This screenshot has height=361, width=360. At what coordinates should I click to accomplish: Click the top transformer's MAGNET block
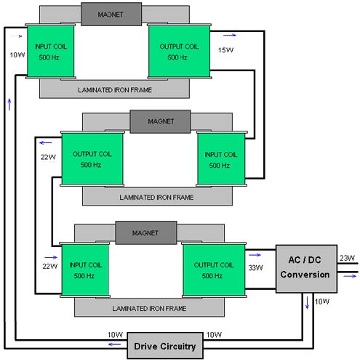coord(111,15)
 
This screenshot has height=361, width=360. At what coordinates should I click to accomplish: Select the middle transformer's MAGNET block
coord(160,121)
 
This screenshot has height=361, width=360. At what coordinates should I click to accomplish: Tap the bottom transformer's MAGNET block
coord(146,232)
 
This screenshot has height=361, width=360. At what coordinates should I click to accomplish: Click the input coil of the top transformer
coord(51,52)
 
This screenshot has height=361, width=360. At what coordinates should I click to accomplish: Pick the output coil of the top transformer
coord(179,52)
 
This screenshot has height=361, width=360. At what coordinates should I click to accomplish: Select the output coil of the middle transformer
coord(92,159)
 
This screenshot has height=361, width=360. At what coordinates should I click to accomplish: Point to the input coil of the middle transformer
coord(221,159)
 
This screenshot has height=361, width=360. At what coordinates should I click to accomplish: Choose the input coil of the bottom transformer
coord(85,269)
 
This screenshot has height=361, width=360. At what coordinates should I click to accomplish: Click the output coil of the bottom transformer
coord(214,269)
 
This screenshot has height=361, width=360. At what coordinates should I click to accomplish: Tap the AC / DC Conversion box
coord(306,269)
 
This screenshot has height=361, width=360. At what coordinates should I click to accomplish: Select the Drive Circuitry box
coord(165,346)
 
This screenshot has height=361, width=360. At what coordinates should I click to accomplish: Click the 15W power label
coord(225,50)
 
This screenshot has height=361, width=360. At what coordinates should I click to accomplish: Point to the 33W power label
coord(256,268)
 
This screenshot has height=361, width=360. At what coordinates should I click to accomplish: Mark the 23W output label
coord(347,258)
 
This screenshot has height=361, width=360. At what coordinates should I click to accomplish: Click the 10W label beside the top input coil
coord(17,55)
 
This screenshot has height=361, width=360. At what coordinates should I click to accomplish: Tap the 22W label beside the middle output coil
coord(48,157)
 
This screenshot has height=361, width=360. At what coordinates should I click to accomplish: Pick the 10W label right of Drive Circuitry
coord(214,335)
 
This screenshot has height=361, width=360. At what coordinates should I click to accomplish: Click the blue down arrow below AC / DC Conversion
coord(307,303)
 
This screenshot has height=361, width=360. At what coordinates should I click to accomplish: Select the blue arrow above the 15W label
coord(230,36)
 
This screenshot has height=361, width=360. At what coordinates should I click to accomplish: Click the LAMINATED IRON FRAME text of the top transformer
coord(115,90)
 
